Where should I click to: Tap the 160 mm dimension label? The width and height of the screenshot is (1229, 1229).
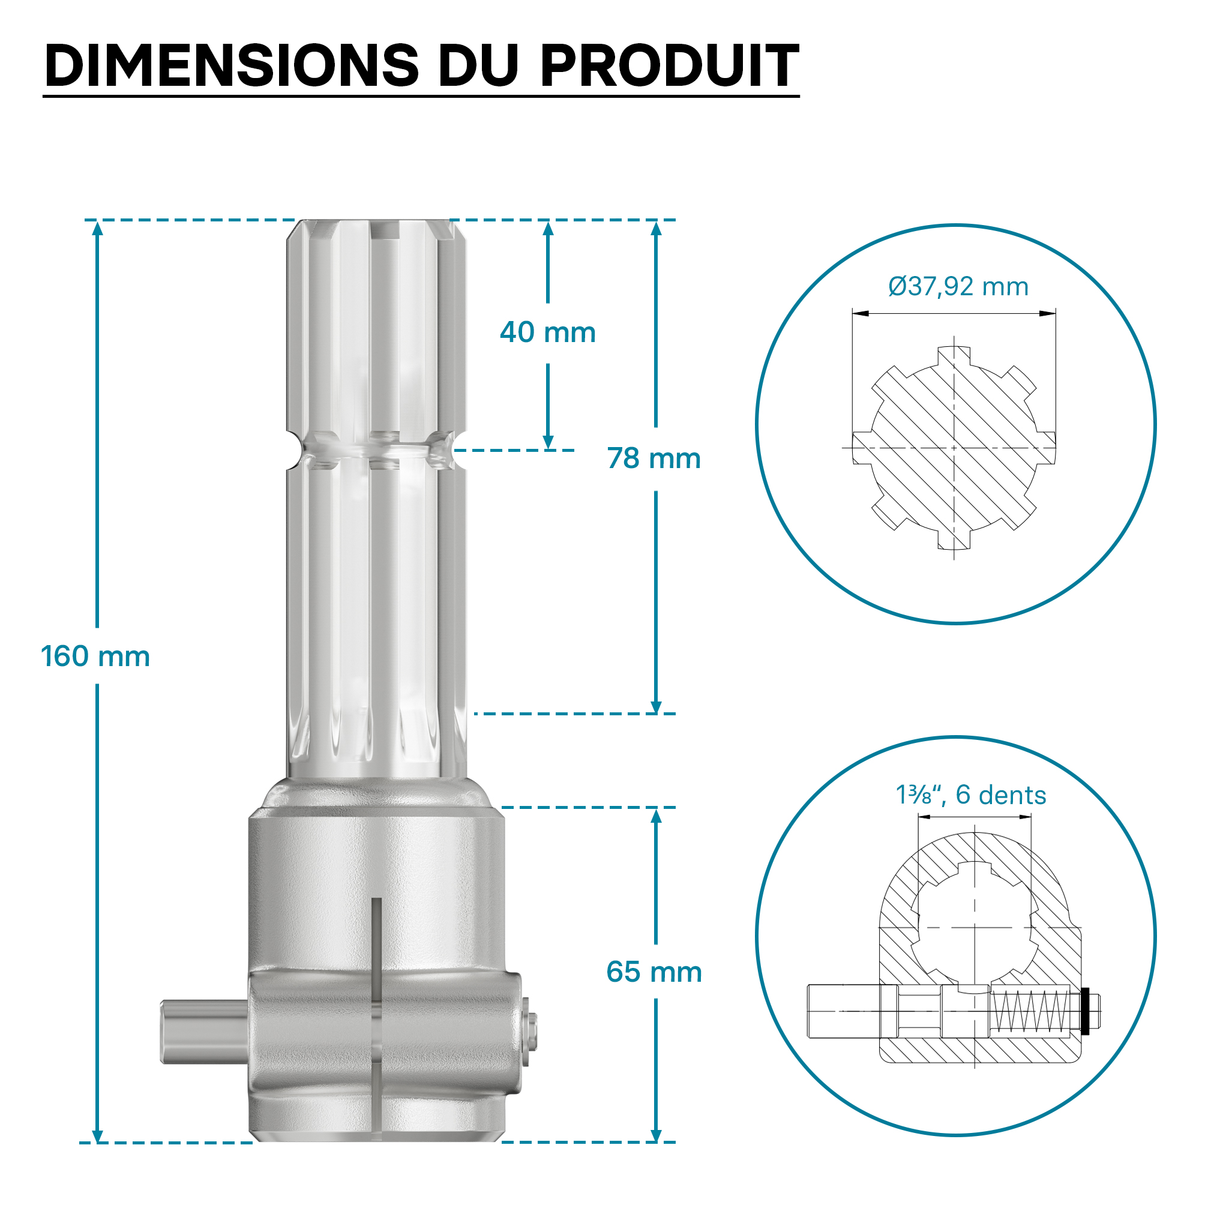[95, 657]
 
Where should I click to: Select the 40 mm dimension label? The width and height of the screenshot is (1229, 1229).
[548, 332]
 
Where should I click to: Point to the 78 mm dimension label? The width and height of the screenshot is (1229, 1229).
[654, 458]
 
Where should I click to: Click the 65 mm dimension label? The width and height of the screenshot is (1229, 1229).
[654, 972]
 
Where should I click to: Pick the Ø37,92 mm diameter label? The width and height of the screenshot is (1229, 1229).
[958, 287]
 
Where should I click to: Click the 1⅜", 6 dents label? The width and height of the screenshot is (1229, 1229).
[971, 795]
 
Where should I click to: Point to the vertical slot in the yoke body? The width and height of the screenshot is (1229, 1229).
[376, 993]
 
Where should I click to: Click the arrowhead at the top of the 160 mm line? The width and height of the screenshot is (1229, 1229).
[97, 227]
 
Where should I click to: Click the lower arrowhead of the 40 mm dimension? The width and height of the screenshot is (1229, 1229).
[548, 443]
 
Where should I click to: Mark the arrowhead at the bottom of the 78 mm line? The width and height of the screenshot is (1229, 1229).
[657, 708]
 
